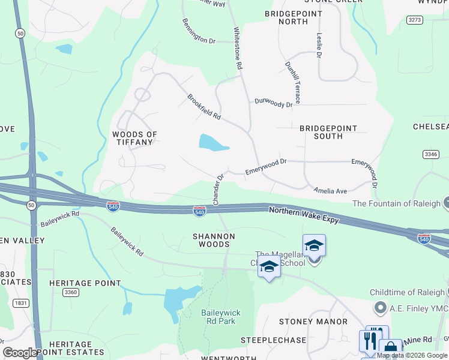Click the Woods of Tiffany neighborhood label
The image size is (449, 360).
(x=134, y=138)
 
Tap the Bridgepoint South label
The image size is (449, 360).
(x=328, y=132)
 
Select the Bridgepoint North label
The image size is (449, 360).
(x=293, y=17)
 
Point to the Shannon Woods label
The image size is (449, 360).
(x=214, y=240)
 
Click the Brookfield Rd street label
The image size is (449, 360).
(x=204, y=106)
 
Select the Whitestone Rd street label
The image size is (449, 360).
(x=238, y=47)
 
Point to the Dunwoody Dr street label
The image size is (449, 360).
(x=273, y=103)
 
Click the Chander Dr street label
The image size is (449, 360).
(x=218, y=188)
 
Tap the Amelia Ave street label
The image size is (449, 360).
(x=330, y=191)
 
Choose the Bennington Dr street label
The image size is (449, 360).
(x=199, y=31)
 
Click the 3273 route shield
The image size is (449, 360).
(x=414, y=20)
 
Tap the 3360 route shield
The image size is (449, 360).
(x=70, y=292)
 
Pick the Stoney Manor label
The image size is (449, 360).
(x=313, y=322)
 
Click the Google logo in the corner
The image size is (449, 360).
(x=20, y=353)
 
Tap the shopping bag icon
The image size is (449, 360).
(x=391, y=347)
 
